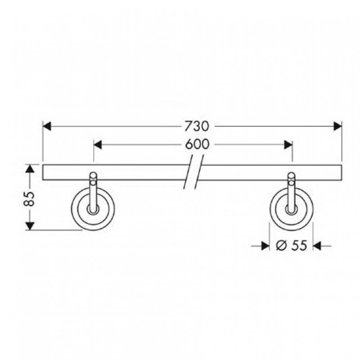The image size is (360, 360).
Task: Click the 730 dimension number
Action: [x=197, y=126]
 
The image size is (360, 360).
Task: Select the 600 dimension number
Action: [x=197, y=144]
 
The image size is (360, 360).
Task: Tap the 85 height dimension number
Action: [x=29, y=199]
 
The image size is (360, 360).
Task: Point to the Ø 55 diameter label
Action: [x=291, y=245]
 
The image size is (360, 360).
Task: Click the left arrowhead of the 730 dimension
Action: [x=47, y=126]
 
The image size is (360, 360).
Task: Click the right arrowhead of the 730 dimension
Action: [x=338, y=126]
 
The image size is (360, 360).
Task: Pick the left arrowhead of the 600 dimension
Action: [x=98, y=145]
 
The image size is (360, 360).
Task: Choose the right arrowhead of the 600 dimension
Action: [x=288, y=145]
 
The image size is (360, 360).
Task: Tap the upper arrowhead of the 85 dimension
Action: [x=30, y=169]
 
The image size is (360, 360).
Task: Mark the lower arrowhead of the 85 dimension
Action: [x=30, y=226]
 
